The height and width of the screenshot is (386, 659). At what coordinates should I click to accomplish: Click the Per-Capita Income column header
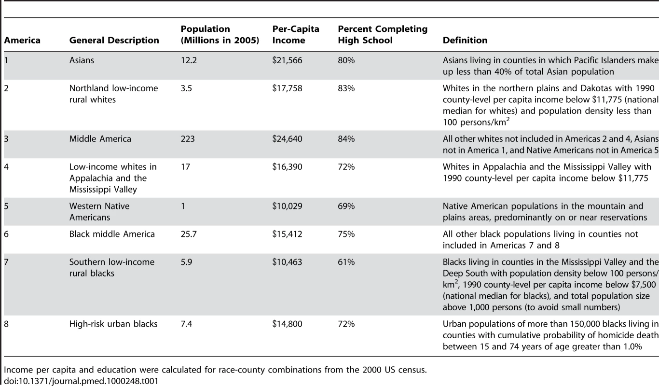tap(296, 34)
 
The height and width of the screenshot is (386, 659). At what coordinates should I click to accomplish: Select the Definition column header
tap(465, 40)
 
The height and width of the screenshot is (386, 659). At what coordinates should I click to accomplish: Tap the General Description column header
tap(114, 40)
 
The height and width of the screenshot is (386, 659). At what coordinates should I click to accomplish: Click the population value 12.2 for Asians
tap(189, 60)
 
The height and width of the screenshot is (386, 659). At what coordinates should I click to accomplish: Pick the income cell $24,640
tap(287, 139)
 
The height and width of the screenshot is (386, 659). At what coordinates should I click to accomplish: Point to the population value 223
tap(188, 139)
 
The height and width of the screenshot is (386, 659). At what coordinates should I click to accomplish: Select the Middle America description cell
tap(100, 139)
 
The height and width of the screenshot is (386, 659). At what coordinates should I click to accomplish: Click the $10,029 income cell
tap(287, 206)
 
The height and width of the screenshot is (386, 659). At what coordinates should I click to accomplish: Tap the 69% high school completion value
tap(346, 206)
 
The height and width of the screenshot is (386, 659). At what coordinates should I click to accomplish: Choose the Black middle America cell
tap(112, 234)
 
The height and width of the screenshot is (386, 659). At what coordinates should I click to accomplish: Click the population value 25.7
tap(189, 234)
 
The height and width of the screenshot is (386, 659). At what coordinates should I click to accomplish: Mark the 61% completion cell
tap(346, 262)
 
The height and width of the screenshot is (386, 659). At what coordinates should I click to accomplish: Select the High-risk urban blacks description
tap(113, 324)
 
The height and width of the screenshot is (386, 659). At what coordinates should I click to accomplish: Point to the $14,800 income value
tap(287, 324)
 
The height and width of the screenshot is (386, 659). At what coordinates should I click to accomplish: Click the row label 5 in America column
tap(6, 206)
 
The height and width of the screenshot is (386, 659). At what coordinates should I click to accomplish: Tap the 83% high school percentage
tap(346, 88)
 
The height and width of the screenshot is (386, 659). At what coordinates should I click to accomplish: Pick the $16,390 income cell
tap(287, 167)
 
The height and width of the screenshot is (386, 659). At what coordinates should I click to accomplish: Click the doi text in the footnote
tap(81, 381)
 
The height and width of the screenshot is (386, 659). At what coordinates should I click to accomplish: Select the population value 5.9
tap(186, 262)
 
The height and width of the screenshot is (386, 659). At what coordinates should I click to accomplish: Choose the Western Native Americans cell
tap(99, 211)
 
